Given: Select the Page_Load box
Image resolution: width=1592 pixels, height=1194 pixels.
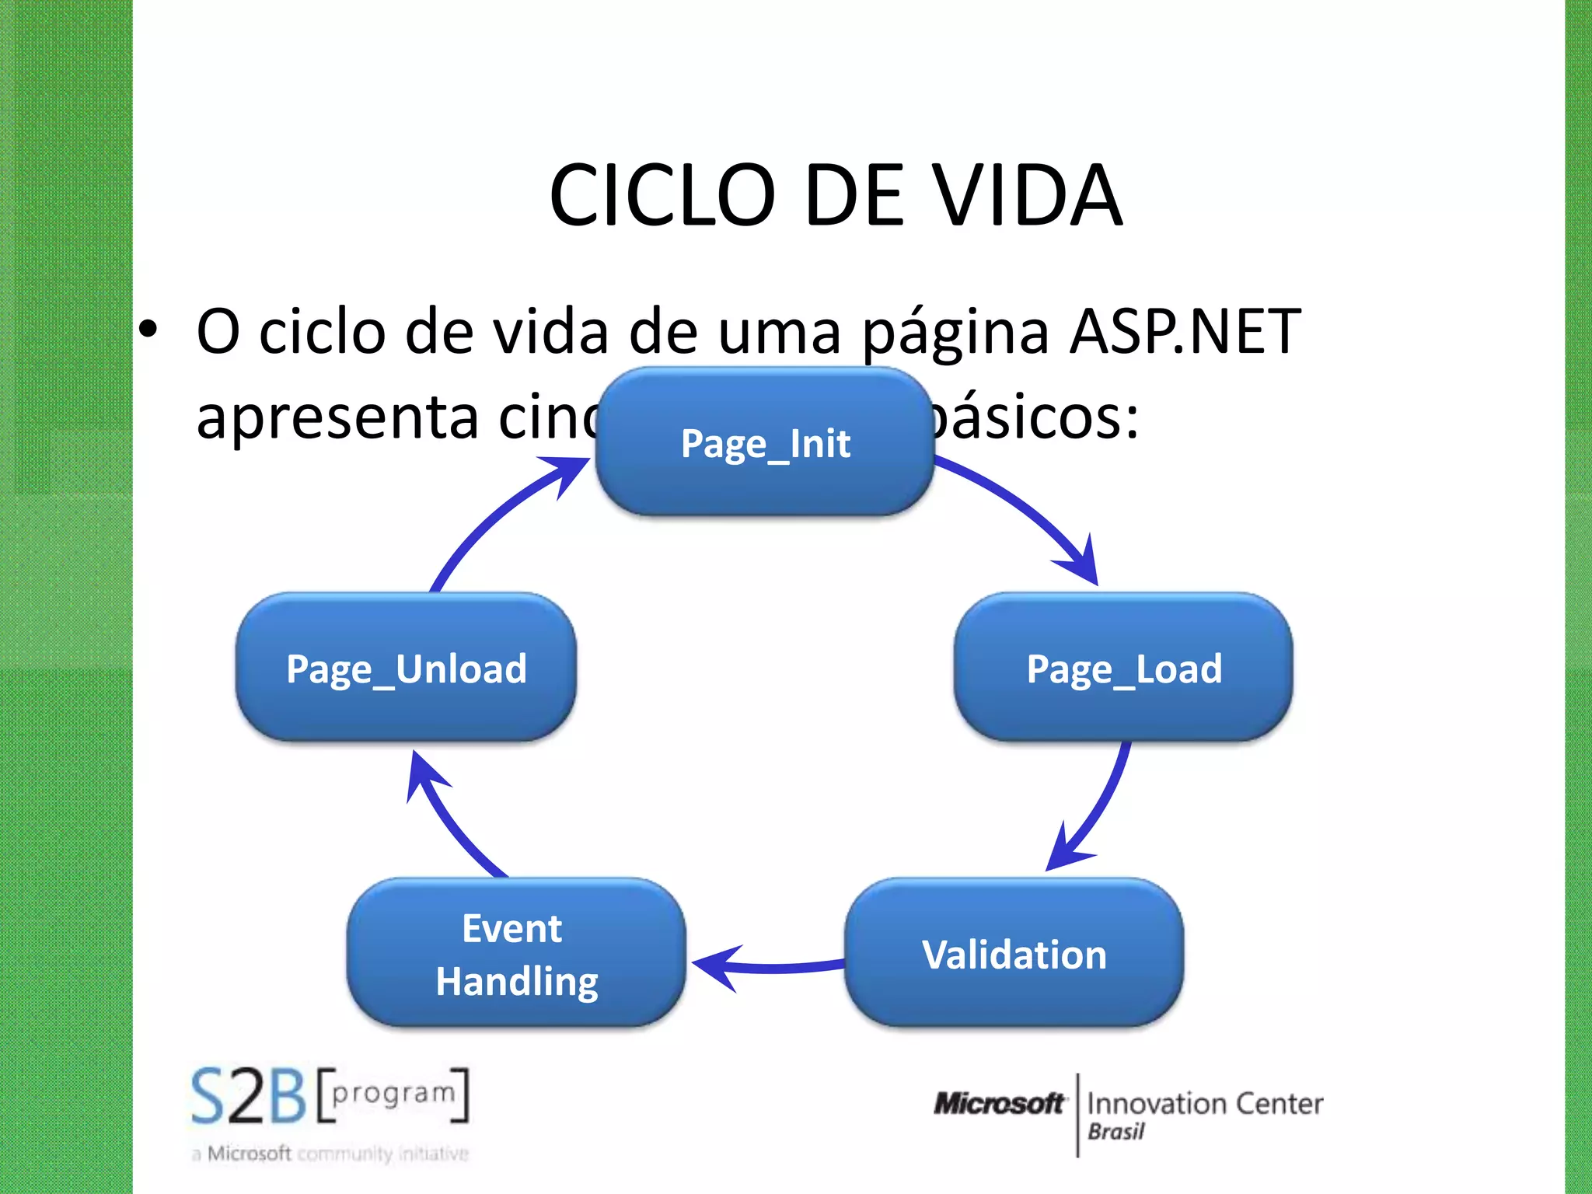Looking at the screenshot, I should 1123,667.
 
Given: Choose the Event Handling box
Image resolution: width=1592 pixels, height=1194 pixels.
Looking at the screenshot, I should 516,953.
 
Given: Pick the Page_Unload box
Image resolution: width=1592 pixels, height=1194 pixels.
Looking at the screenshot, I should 406,667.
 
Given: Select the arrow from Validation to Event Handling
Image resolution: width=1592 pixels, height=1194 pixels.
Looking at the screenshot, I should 770,967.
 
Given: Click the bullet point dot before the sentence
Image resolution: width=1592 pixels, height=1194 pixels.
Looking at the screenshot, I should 148,330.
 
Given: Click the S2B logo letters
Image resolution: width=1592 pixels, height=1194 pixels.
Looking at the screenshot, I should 249,1096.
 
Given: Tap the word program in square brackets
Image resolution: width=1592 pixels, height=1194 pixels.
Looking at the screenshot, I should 393,1093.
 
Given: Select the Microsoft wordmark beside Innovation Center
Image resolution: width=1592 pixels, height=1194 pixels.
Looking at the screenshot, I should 1000,1104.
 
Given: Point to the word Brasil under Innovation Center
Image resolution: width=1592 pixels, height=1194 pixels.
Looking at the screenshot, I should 1116,1132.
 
